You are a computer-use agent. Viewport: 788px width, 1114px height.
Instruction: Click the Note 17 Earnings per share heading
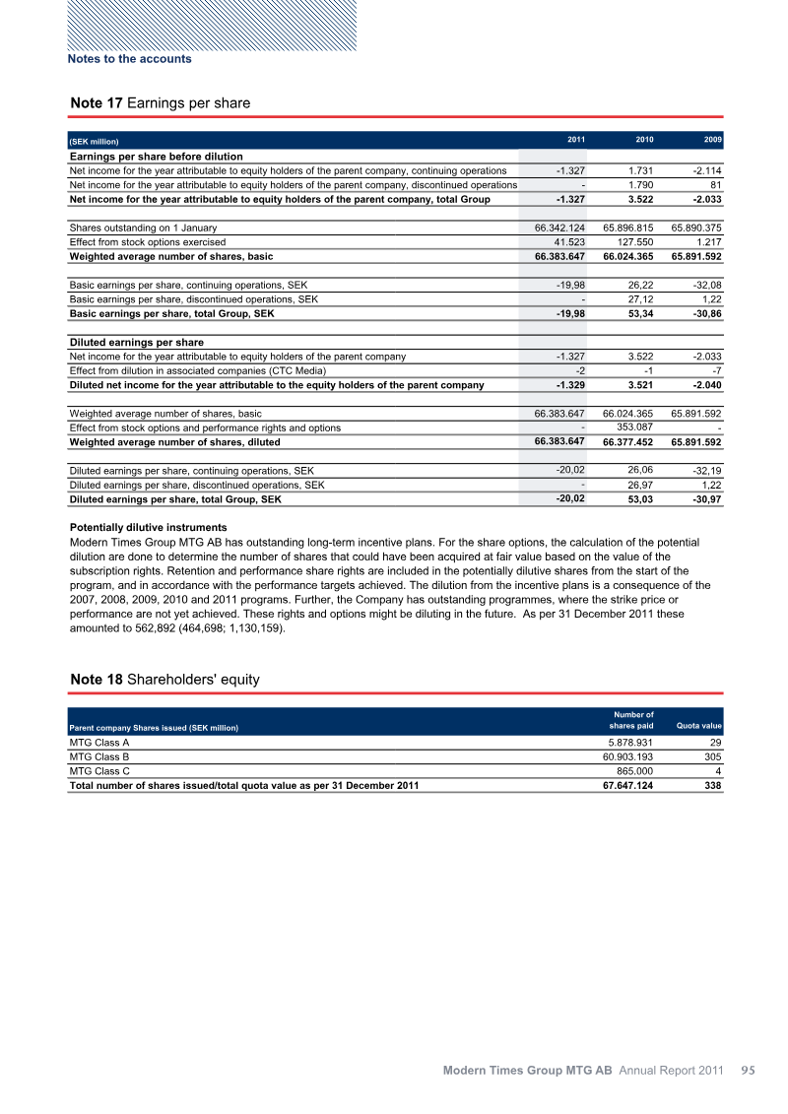tap(160, 102)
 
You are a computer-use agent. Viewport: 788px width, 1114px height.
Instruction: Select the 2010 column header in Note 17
tap(642, 139)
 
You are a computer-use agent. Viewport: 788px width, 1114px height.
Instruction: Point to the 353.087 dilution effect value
tap(628, 427)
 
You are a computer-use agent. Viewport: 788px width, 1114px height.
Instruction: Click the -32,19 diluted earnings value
tap(706, 471)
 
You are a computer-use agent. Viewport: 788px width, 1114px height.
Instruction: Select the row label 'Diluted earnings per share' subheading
tap(136, 343)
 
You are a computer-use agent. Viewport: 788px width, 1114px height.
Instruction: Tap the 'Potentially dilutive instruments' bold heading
tap(148, 528)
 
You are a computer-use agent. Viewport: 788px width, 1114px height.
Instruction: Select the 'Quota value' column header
tap(698, 727)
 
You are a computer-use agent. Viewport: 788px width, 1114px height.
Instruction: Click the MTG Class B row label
tap(99, 757)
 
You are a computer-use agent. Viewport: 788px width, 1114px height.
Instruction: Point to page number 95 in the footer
tap(747, 1069)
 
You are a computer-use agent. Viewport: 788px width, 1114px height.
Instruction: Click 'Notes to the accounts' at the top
tap(129, 58)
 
